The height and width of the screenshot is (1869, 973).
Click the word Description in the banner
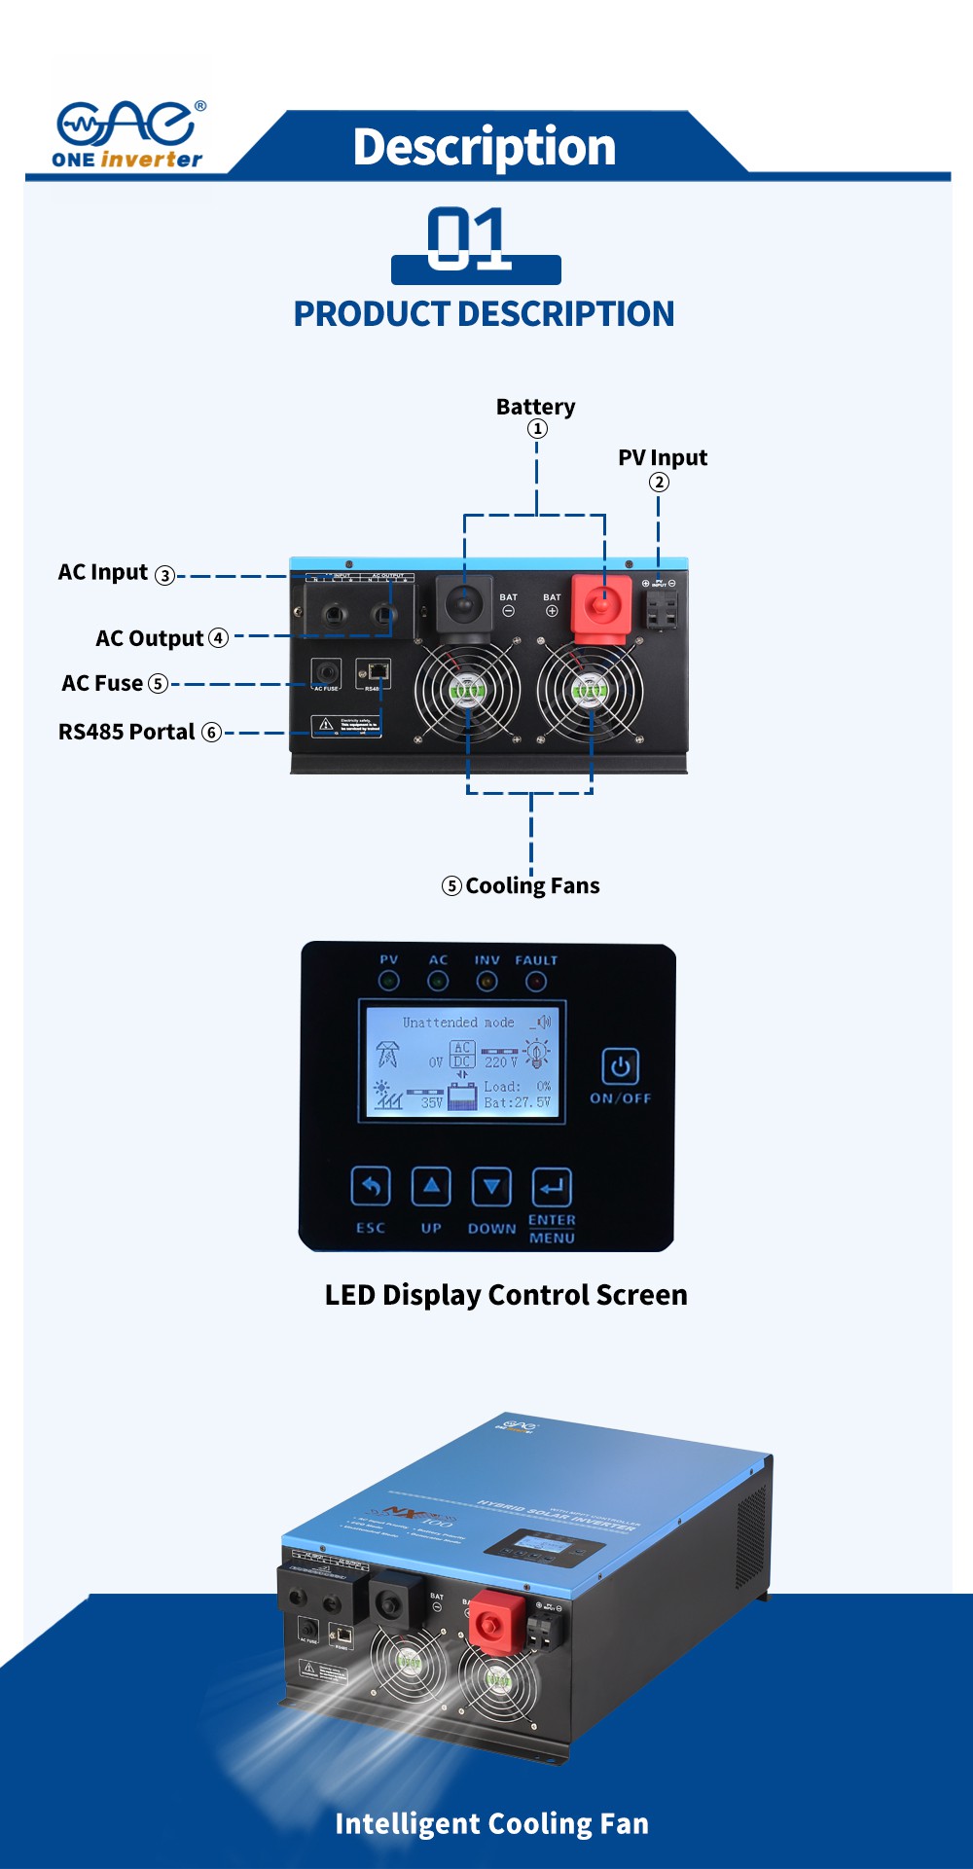click(x=484, y=147)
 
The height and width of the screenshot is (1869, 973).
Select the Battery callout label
click(x=535, y=407)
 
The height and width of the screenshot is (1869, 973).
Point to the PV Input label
click(x=662, y=458)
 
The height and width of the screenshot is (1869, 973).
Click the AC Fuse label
click(x=102, y=684)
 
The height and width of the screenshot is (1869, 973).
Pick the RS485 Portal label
click(x=126, y=733)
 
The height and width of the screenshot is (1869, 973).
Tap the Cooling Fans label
click(x=531, y=886)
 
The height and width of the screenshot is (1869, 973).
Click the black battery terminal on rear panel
click(x=464, y=604)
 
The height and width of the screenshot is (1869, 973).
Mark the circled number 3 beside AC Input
click(x=165, y=576)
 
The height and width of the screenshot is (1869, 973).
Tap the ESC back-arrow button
click(x=371, y=1186)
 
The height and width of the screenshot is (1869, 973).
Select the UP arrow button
click(x=431, y=1186)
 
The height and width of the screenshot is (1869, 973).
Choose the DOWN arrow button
click(x=491, y=1186)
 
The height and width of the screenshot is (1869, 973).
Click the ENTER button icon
click(x=552, y=1187)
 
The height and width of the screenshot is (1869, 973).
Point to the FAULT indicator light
click(x=536, y=982)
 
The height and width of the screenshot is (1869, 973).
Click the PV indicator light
click(x=389, y=982)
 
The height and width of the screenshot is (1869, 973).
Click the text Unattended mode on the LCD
click(x=458, y=1023)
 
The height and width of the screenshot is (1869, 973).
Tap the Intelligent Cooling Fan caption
click(x=491, y=1823)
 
